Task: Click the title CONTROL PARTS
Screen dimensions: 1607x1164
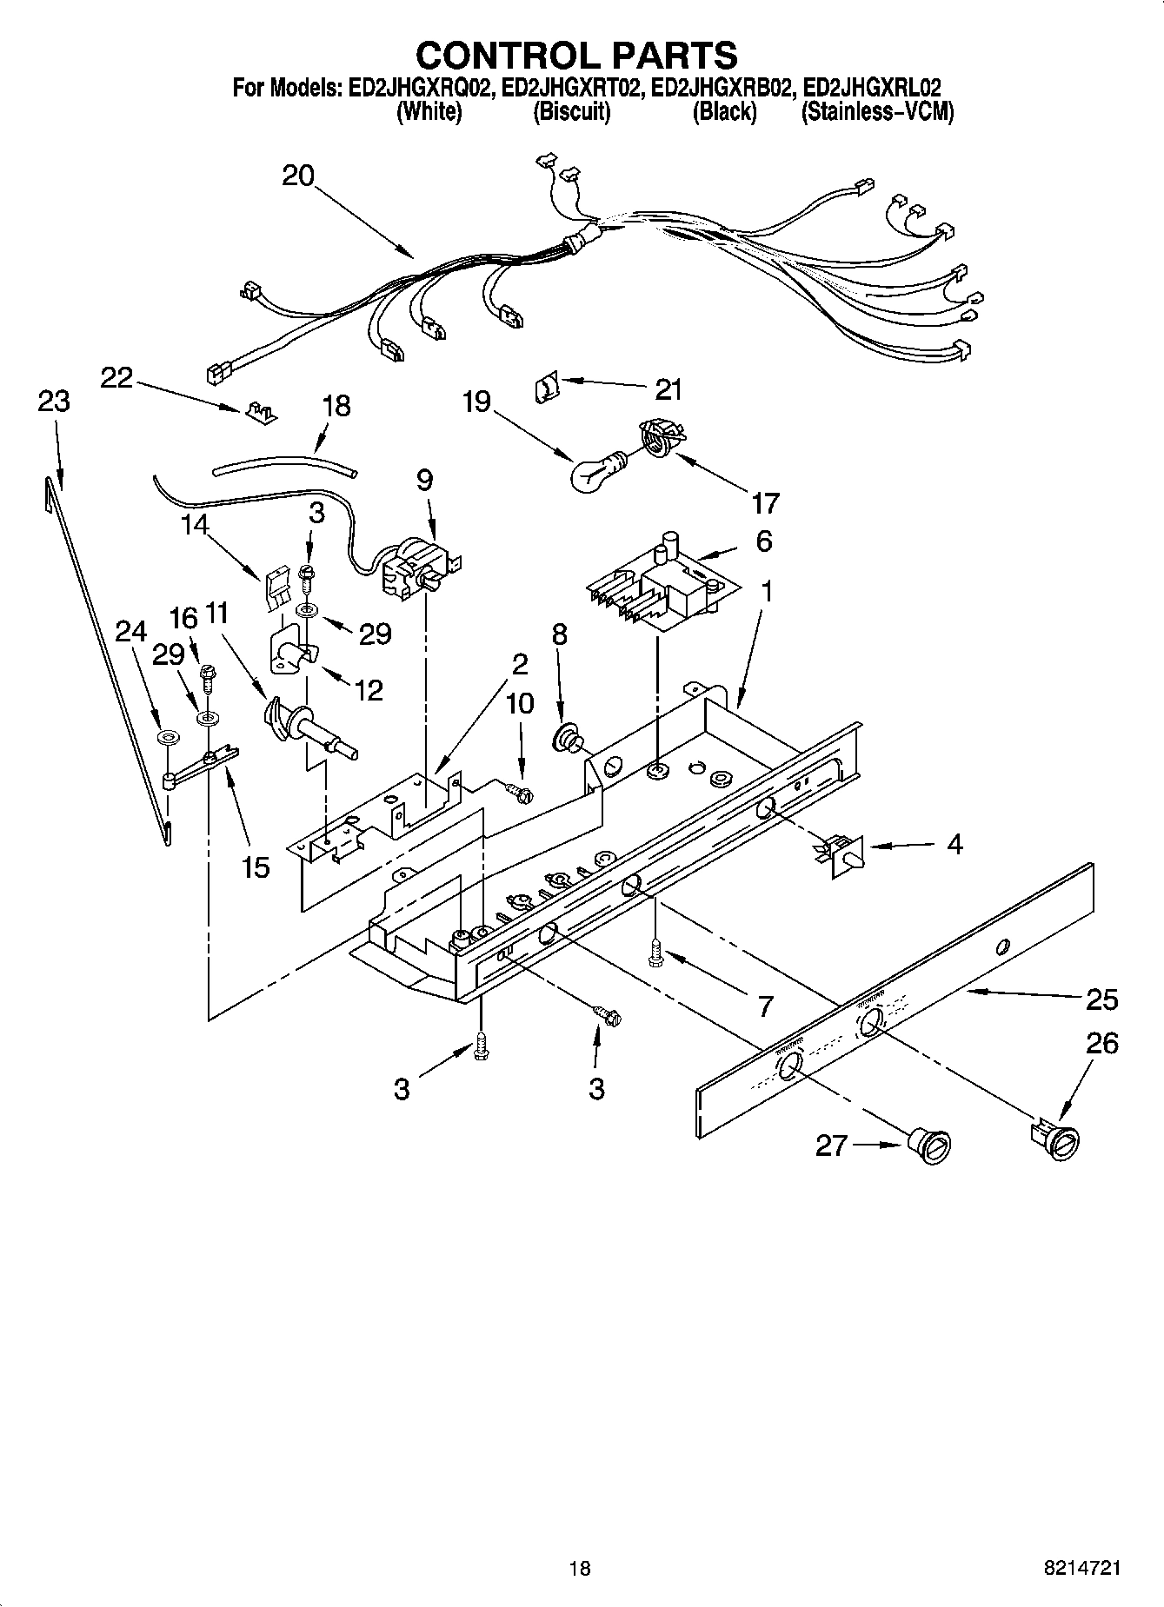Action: click(577, 55)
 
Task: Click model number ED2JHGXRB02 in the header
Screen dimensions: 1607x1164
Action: click(723, 88)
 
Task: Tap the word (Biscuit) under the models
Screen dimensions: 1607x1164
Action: click(571, 112)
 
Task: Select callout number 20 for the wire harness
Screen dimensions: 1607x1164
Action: click(297, 176)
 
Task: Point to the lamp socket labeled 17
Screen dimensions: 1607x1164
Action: click(659, 435)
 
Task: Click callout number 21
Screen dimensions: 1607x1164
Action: click(668, 389)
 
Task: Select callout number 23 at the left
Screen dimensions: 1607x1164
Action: click(54, 402)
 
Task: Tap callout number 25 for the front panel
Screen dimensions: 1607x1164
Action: click(1101, 999)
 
